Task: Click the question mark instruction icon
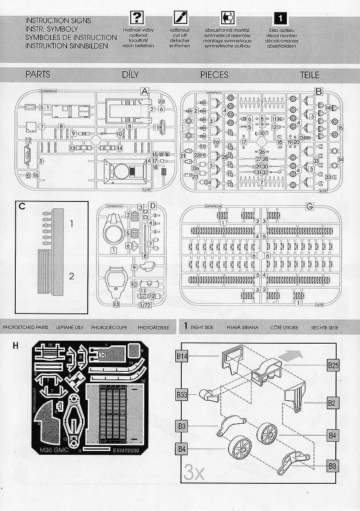click(x=137, y=18)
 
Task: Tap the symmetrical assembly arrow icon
click(x=226, y=18)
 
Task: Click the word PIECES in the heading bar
click(x=214, y=75)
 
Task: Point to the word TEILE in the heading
click(x=309, y=75)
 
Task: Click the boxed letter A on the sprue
click(x=144, y=91)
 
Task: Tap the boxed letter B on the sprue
click(x=319, y=91)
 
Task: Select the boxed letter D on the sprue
click(x=152, y=207)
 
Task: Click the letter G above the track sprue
click(x=310, y=207)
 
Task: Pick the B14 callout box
click(x=182, y=356)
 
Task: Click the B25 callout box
click(x=333, y=365)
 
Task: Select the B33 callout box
click(x=182, y=395)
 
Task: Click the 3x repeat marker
click(x=194, y=472)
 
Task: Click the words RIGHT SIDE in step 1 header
click(x=202, y=327)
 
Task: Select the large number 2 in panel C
click(x=72, y=276)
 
